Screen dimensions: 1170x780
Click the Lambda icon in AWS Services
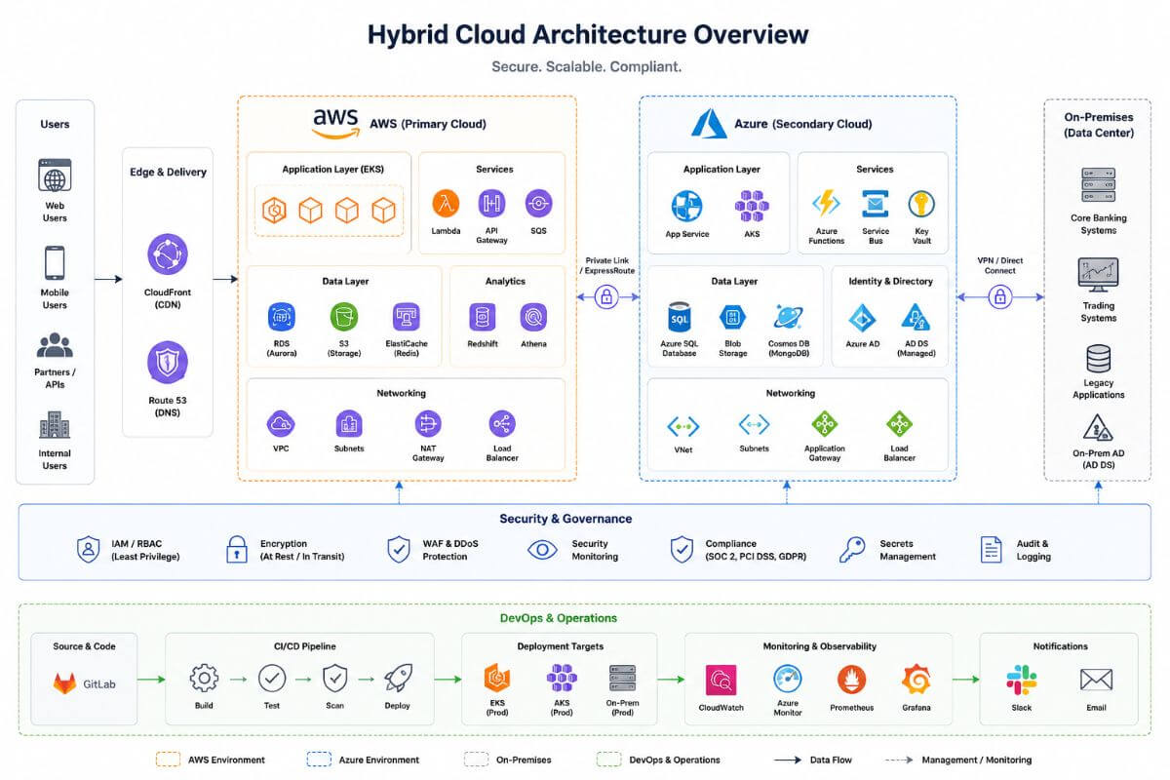point(446,203)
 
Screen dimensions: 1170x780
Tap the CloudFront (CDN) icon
point(167,254)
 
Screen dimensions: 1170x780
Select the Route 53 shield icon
point(167,362)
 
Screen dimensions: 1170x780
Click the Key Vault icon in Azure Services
point(921,204)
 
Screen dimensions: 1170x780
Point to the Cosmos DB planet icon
point(788,317)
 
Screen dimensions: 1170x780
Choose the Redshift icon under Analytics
point(482,317)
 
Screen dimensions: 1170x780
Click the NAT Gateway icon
point(428,424)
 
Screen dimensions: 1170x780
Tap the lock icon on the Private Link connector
point(606,297)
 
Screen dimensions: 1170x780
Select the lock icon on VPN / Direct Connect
point(999,297)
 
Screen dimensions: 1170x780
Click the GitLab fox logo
point(64,683)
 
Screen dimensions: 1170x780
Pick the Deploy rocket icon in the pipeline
point(398,679)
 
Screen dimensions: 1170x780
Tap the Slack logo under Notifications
point(1021,680)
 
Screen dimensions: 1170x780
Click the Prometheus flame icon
point(851,680)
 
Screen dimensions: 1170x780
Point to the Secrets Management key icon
point(852,550)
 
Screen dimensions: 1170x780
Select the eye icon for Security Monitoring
point(542,550)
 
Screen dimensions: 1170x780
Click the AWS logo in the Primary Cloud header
point(335,124)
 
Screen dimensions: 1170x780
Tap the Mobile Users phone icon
point(55,263)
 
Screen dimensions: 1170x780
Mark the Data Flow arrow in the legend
point(788,760)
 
